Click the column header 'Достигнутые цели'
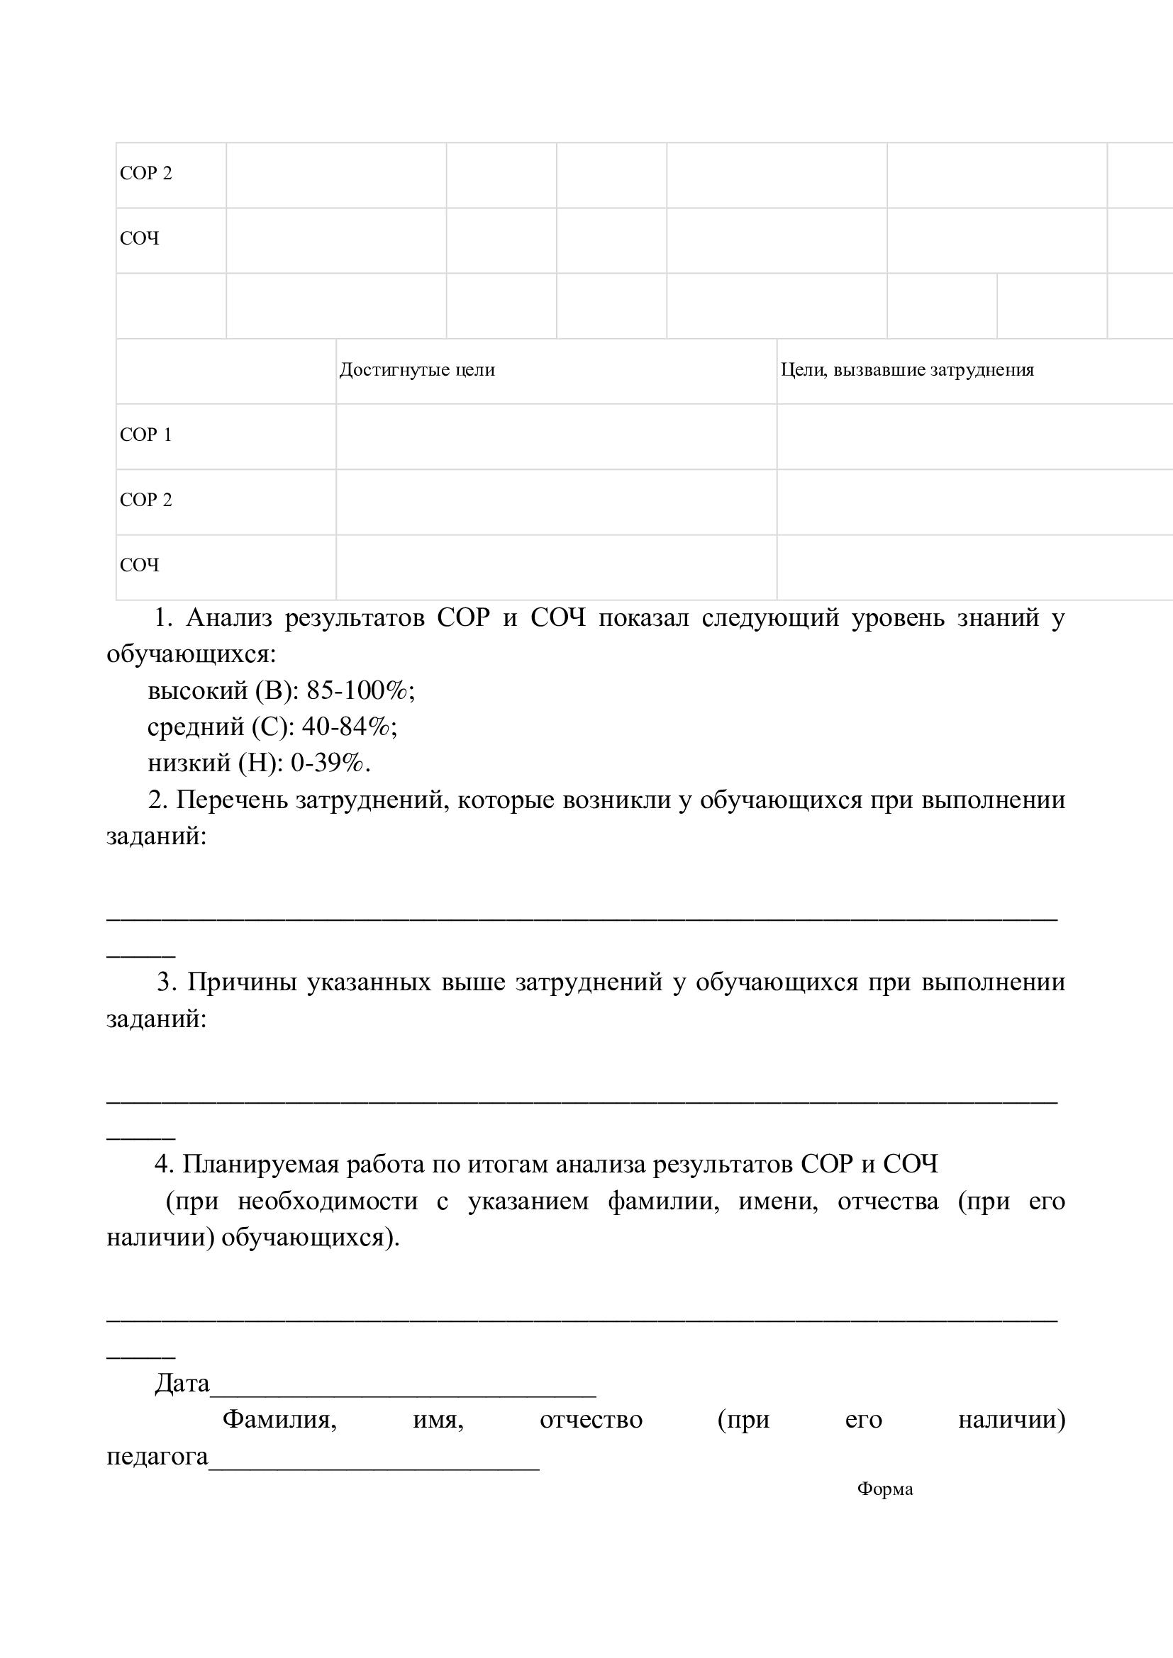click(417, 371)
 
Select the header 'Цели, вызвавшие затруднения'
click(906, 371)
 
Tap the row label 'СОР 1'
click(146, 435)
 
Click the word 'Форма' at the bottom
click(885, 1489)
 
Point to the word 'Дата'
click(182, 1384)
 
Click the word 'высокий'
click(197, 691)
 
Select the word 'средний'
click(196, 727)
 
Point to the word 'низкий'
click(189, 763)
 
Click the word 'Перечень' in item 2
click(231, 800)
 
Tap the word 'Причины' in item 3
click(242, 982)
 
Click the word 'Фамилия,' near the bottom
click(279, 1420)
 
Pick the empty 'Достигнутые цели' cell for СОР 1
click(556, 436)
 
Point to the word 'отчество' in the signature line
click(591, 1420)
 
